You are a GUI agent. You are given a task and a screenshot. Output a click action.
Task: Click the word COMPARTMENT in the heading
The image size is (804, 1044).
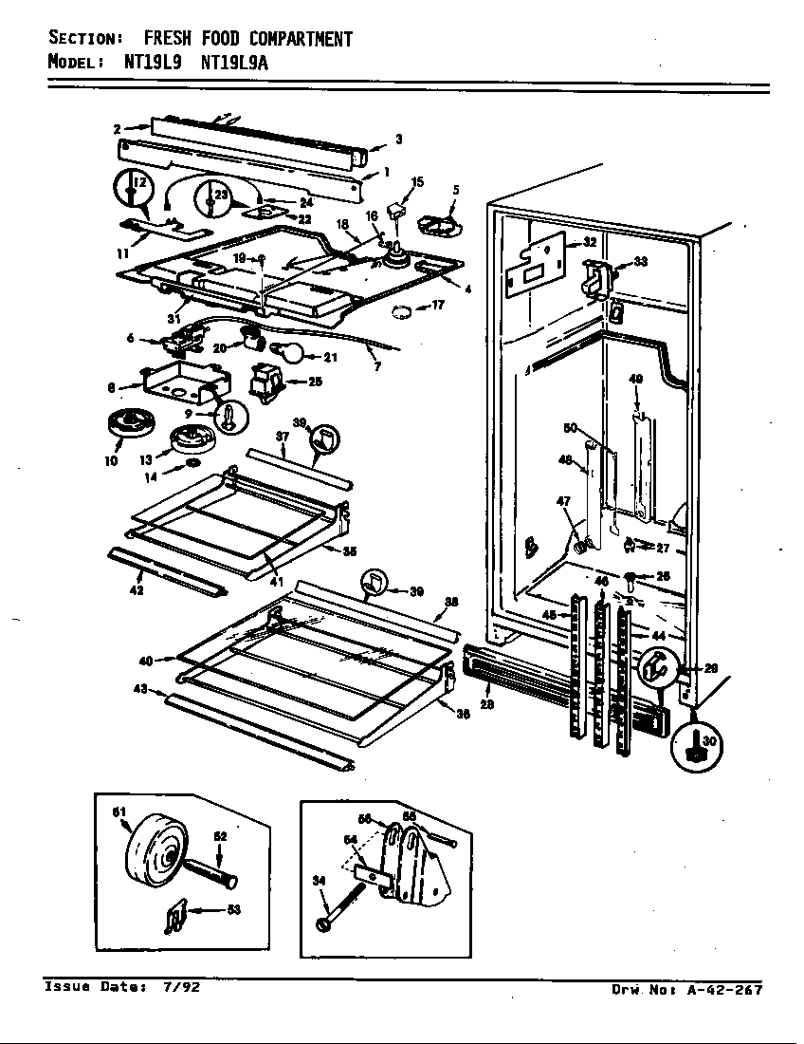(x=301, y=39)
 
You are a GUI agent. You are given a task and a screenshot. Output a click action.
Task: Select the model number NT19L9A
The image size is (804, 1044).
(x=243, y=63)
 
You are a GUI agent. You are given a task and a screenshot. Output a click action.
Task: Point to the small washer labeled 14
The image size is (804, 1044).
(x=192, y=463)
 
